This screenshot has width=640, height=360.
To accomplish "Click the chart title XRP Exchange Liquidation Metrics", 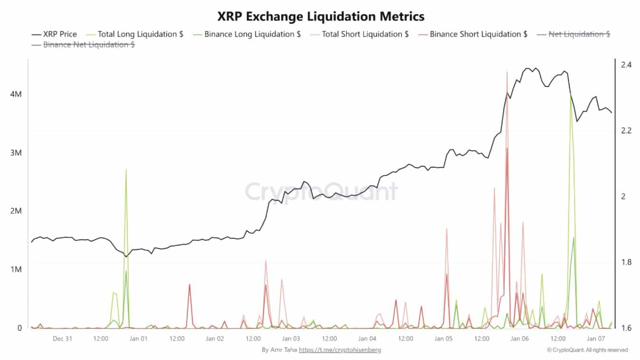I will pyautogui.click(x=320, y=16).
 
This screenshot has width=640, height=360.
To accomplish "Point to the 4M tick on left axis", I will pyautogui.click(x=16, y=95).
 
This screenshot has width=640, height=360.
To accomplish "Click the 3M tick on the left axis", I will pyautogui.click(x=16, y=153).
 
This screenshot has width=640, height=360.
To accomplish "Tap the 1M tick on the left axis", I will pyautogui.click(x=16, y=269).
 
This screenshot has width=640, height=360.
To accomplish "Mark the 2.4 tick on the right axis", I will pyautogui.click(x=626, y=65).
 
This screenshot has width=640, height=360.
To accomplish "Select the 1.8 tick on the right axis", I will pyautogui.click(x=626, y=262).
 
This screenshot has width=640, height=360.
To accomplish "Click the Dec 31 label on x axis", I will pyautogui.click(x=62, y=339).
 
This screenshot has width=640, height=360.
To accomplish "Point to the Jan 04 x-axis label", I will pyautogui.click(x=367, y=339).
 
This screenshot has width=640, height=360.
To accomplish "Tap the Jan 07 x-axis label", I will pyautogui.click(x=595, y=339).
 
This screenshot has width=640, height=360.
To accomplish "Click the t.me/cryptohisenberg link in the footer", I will pyautogui.click(x=339, y=350).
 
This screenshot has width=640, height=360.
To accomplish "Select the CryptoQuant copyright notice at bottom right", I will pyautogui.click(x=587, y=350).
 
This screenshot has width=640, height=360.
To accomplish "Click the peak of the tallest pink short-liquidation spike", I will pyautogui.click(x=507, y=72).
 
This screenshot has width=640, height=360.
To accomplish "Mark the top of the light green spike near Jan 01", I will pyautogui.click(x=126, y=169).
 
